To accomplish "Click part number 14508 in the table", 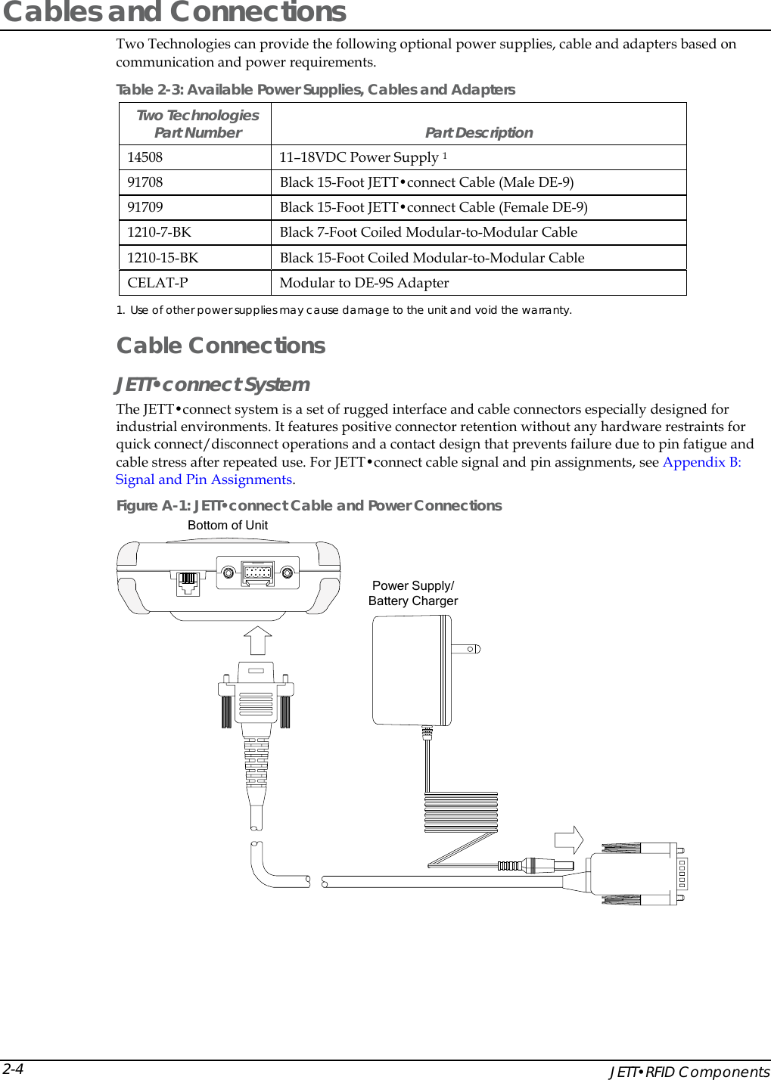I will [x=145, y=157].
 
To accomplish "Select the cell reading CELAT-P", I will [x=157, y=283].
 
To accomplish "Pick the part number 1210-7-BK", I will [x=159, y=232].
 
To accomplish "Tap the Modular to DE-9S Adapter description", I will [x=364, y=283].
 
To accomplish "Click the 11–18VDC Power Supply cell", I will [x=362, y=157].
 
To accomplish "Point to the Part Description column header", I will [x=478, y=132].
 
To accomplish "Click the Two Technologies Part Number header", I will [x=197, y=123].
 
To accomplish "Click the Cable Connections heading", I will [x=220, y=346].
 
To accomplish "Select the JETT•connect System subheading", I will [x=213, y=384].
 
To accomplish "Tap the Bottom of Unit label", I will [x=228, y=525].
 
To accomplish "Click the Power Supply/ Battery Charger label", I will [x=413, y=593].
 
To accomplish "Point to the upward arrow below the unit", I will [x=258, y=640].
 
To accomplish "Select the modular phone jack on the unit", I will [x=188, y=582].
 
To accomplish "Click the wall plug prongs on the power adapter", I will [x=466, y=649].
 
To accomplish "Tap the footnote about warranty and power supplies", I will [x=344, y=310].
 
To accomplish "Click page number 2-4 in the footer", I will [x=13, y=1069].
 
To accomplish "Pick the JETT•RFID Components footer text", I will [x=689, y=1072].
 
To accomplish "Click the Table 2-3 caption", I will [x=316, y=90].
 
